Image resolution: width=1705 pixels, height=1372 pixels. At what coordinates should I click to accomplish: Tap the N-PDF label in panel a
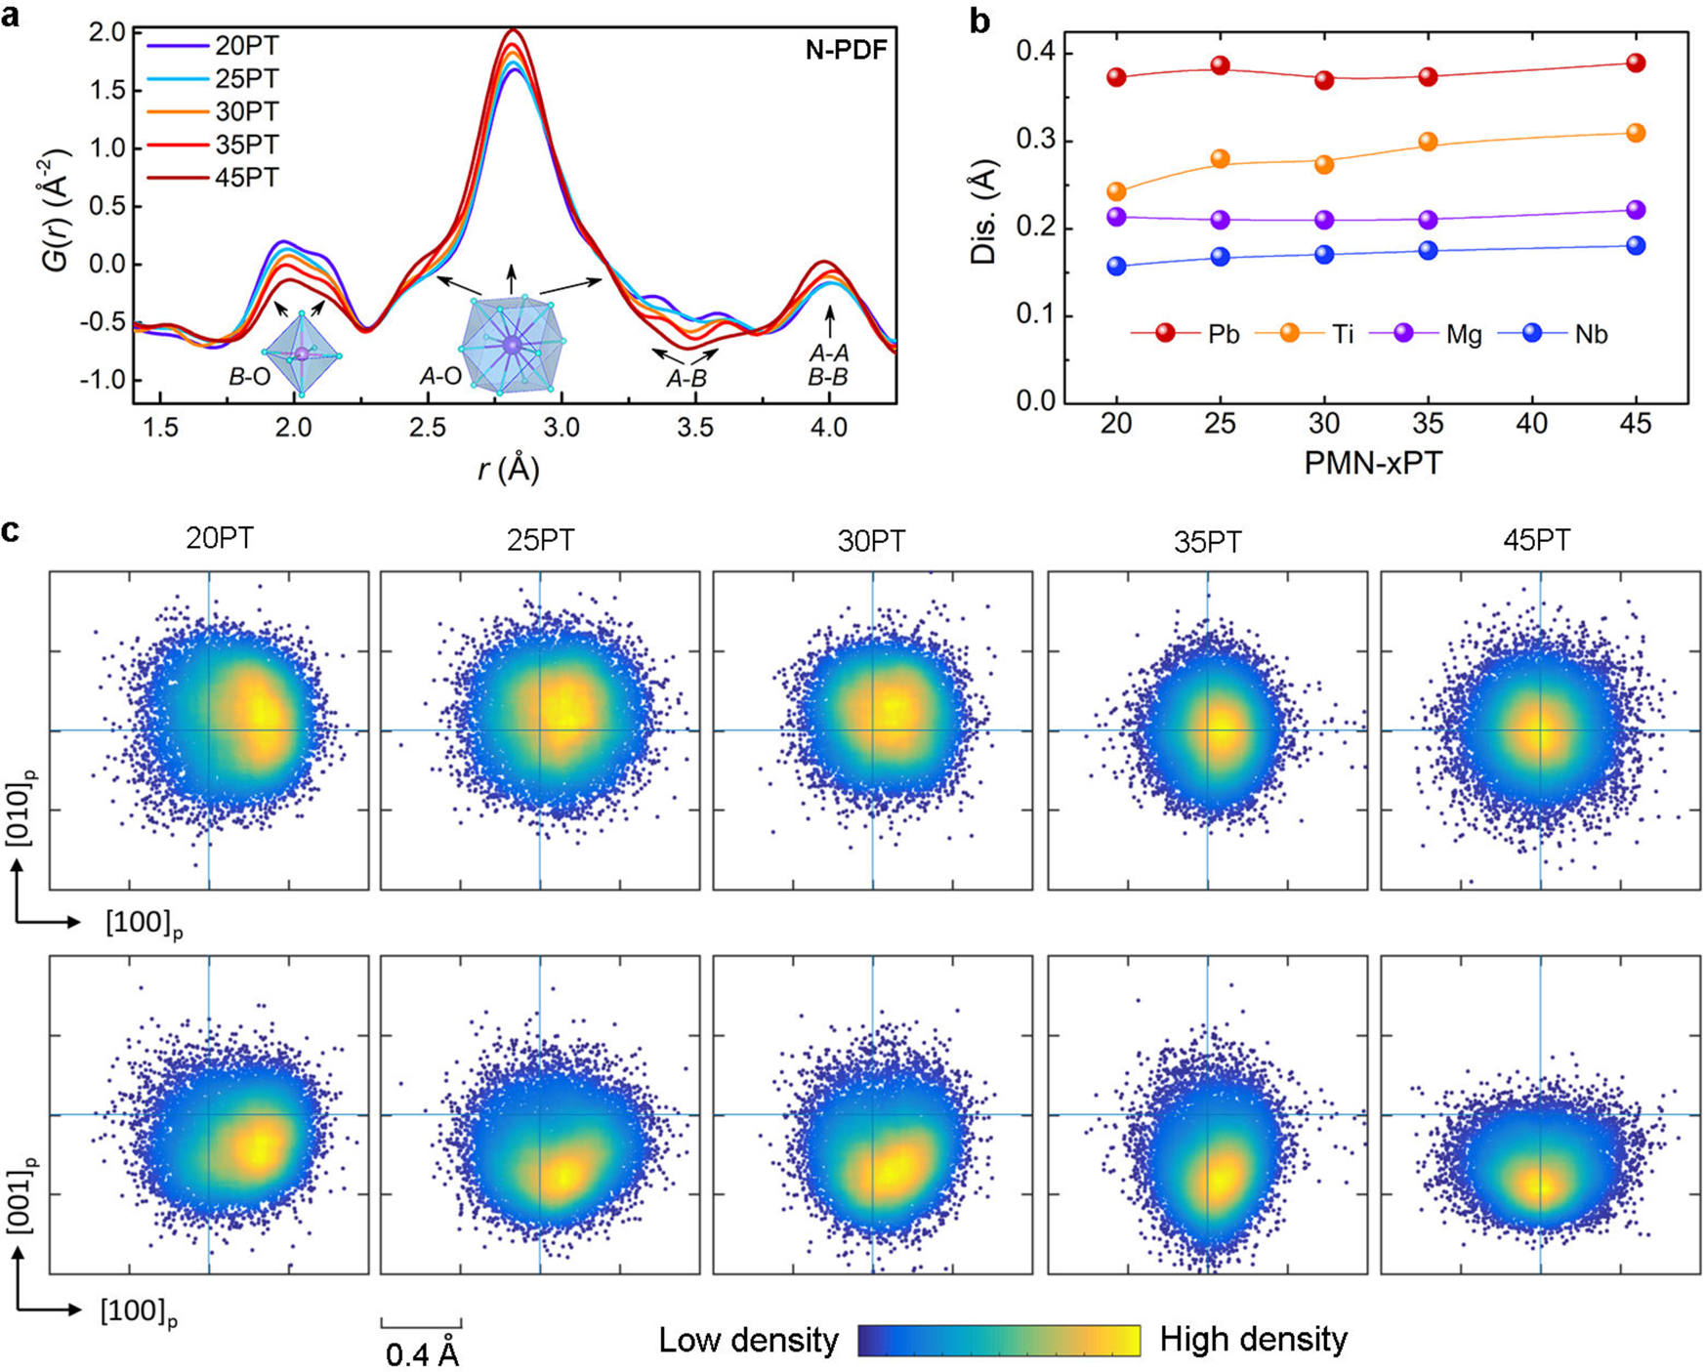tap(846, 51)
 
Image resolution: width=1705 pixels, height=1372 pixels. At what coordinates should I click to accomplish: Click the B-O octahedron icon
tap(302, 353)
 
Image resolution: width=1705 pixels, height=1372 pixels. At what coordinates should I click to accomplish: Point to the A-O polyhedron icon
tap(512, 344)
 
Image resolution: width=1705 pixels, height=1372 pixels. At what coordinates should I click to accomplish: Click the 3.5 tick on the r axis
tap(694, 428)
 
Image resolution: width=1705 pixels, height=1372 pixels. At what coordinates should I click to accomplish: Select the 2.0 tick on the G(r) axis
tap(106, 32)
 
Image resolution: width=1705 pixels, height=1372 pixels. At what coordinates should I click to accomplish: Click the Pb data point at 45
tap(1636, 63)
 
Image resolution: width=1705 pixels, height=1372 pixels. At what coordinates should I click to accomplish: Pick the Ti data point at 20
tap(1116, 191)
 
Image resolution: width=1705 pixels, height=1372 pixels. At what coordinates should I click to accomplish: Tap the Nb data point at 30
tap(1324, 254)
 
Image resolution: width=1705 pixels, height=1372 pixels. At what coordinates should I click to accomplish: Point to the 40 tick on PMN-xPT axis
tap(1532, 424)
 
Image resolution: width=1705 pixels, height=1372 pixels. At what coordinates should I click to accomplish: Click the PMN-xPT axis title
tap(1372, 462)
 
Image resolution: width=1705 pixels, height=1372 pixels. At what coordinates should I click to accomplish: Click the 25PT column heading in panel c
tap(540, 540)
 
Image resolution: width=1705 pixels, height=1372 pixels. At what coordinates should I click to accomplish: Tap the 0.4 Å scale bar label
tap(422, 1354)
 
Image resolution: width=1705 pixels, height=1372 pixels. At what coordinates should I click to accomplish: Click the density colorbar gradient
tap(999, 1340)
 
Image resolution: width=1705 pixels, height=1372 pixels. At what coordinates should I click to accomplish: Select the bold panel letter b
tap(979, 21)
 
